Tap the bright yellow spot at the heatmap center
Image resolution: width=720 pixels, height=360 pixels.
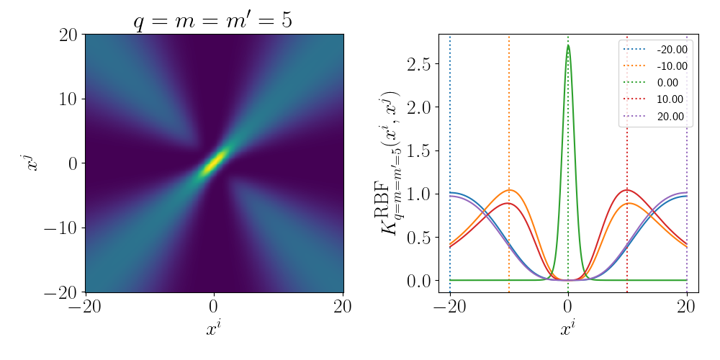tap(214, 161)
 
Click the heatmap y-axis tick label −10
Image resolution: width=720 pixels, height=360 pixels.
tap(60, 228)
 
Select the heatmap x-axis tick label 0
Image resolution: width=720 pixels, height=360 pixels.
tap(214, 307)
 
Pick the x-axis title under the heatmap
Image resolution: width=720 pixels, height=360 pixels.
tap(214, 330)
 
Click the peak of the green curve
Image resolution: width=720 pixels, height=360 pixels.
tap(568, 46)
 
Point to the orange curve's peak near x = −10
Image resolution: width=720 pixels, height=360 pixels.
tap(509, 190)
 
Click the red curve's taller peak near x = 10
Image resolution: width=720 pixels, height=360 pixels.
tap(627, 190)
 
